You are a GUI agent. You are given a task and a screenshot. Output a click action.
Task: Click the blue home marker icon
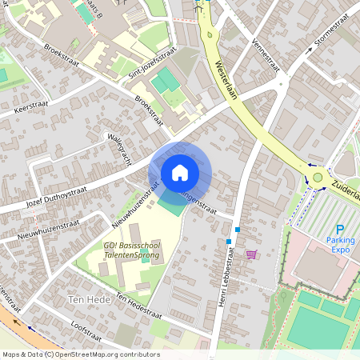[x=180, y=173]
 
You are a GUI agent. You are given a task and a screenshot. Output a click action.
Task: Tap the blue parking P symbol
[x=340, y=229]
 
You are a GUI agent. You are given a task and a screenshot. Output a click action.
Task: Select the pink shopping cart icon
[x=251, y=254]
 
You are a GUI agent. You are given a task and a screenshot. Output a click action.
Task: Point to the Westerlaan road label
[x=227, y=80]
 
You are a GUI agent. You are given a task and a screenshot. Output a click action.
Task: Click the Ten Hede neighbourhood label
[x=78, y=299]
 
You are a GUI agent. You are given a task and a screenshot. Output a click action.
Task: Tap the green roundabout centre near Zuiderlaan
[x=318, y=177]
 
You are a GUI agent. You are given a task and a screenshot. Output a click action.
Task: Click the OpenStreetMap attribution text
[x=80, y=354]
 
